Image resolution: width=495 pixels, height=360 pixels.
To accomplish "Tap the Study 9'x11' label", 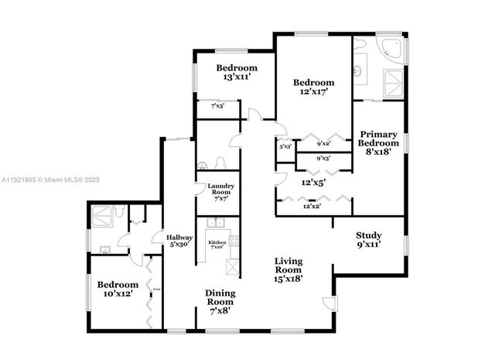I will pyautogui.click(x=369, y=240).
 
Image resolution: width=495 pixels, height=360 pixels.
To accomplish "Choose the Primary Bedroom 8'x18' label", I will pyautogui.click(x=379, y=142).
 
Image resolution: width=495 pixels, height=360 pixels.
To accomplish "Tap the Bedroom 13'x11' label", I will pyautogui.click(x=236, y=73).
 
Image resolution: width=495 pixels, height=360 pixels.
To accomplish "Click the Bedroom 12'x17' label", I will pyautogui.click(x=313, y=87).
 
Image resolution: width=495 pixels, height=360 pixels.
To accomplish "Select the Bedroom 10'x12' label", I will pyautogui.click(x=118, y=289).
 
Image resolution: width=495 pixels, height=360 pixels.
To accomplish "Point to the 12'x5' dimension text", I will pyautogui.click(x=313, y=183).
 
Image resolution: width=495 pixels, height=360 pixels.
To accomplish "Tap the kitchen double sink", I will pyautogui.click(x=216, y=224).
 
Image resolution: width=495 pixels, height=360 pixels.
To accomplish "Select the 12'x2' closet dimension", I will pyautogui.click(x=312, y=207).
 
